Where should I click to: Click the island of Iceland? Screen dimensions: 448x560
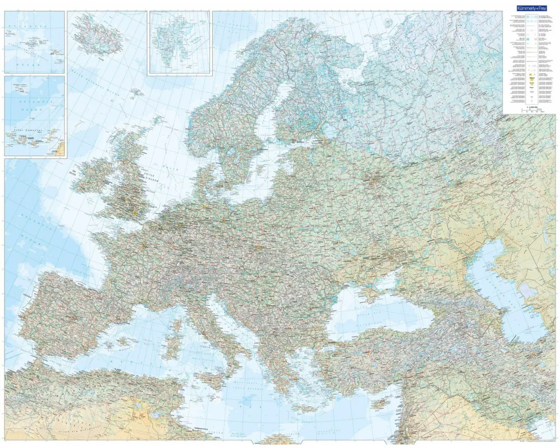96,34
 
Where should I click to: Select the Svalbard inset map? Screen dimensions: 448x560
179,43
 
